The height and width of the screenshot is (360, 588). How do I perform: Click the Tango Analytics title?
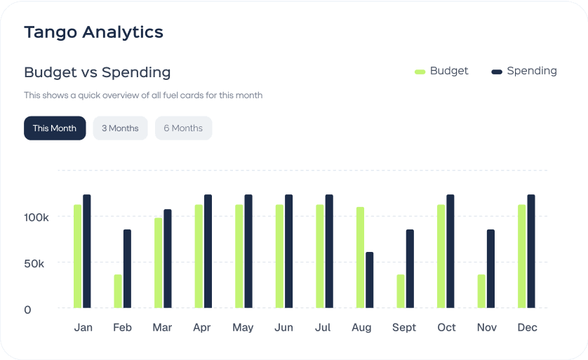(93, 32)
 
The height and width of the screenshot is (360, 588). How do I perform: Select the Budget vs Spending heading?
(97, 72)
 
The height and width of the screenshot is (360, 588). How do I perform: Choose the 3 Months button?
(120, 128)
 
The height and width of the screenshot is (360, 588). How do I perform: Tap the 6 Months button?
(183, 128)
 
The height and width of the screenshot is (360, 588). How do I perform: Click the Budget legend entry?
(441, 71)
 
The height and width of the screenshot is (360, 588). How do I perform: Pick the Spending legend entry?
(524, 71)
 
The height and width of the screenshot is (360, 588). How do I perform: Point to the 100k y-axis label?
(36, 217)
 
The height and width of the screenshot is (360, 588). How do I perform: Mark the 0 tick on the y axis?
(27, 309)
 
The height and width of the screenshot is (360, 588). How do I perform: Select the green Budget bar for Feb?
(118, 291)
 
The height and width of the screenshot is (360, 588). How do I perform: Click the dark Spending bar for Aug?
(370, 279)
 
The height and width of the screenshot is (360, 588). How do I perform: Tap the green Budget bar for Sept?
(401, 291)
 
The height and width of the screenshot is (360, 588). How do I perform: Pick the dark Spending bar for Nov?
(490, 268)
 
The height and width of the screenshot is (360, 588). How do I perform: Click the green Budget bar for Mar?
(159, 262)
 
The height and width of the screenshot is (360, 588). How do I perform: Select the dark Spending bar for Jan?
(87, 251)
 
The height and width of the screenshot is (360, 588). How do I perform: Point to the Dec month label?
(527, 328)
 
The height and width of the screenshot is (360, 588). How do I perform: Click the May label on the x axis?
(243, 328)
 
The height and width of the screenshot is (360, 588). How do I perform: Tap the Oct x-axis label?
(446, 328)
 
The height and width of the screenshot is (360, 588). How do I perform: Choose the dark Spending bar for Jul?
(329, 251)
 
